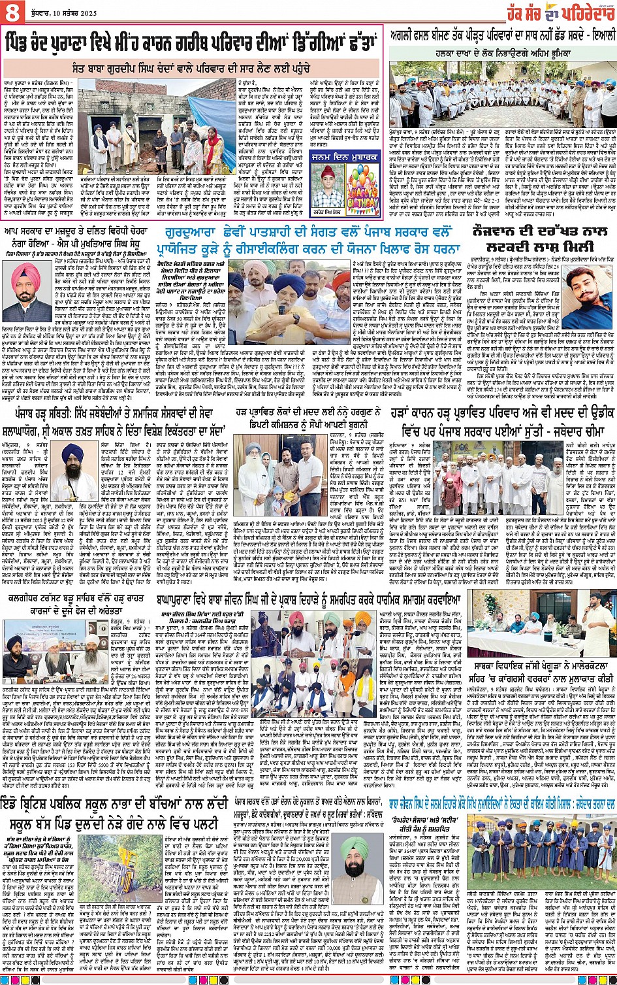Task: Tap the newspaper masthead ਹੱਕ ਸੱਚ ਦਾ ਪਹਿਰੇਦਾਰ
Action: (557, 12)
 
